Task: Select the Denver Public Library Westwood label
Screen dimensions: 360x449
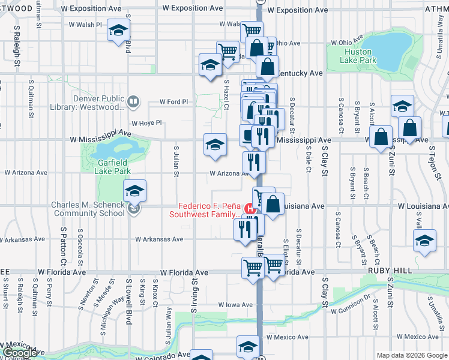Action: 99,103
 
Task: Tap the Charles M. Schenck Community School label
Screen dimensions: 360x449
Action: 88,208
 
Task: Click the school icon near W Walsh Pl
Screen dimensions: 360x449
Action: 119,29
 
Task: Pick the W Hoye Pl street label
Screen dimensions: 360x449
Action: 146,123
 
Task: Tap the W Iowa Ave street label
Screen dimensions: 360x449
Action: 235,305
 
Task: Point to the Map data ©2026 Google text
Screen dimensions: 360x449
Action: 412,355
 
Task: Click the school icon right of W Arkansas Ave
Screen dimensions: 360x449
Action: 424,239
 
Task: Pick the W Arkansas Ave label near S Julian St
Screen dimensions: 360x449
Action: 159,239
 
